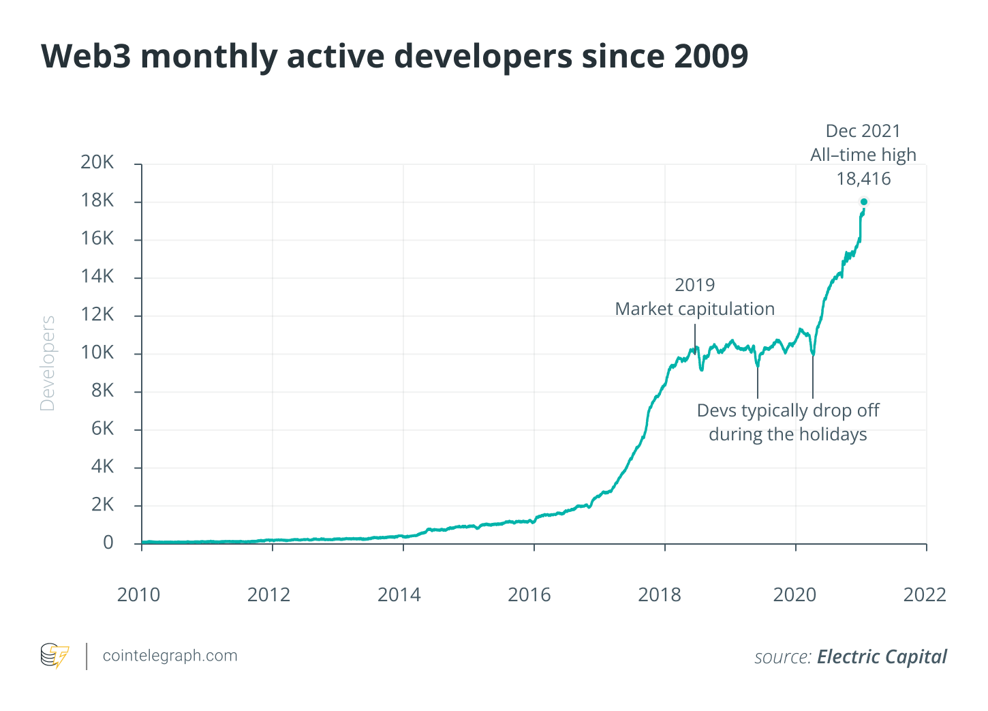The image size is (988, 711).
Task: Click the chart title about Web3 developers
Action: [395, 56]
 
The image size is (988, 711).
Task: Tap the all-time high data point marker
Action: [864, 202]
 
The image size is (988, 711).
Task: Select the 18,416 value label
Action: [863, 179]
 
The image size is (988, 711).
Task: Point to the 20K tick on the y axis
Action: [97, 162]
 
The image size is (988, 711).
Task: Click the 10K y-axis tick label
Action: [97, 352]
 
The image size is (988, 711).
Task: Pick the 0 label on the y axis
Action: [108, 543]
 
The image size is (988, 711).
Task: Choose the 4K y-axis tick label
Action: [102, 467]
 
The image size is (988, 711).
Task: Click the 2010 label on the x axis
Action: [138, 594]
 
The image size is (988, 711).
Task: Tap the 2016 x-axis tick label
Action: [529, 594]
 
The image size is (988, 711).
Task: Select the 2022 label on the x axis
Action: [925, 594]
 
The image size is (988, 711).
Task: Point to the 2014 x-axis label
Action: [399, 594]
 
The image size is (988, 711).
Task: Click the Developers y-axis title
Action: [48, 363]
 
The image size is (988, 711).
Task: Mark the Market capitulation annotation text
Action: [694, 309]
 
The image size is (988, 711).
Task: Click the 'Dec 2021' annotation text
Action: [863, 131]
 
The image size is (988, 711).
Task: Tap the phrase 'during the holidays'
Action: [788, 434]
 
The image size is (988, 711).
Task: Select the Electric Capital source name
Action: [882, 656]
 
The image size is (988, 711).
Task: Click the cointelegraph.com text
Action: [170, 656]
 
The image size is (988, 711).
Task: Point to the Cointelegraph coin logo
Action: [55, 656]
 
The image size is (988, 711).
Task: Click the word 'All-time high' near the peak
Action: [863, 155]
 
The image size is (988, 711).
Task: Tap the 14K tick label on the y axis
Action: [97, 277]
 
